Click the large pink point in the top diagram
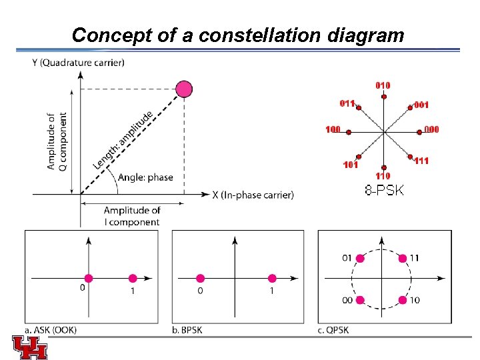(x=183, y=89)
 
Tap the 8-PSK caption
(x=384, y=191)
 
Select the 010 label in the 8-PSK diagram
(x=383, y=85)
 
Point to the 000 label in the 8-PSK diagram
(x=431, y=129)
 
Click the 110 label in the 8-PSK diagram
(x=382, y=175)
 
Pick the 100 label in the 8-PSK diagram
(x=333, y=129)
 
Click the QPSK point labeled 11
(x=403, y=258)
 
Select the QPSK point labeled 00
(x=360, y=300)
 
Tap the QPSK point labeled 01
(x=361, y=258)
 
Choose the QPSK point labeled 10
(x=403, y=300)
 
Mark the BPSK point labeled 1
(x=271, y=279)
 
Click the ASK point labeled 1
(x=132, y=279)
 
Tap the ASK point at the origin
(x=88, y=279)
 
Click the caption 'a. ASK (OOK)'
(x=50, y=330)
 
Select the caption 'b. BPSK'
(x=187, y=330)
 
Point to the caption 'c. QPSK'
(x=333, y=330)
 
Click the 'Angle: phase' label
(x=145, y=177)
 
